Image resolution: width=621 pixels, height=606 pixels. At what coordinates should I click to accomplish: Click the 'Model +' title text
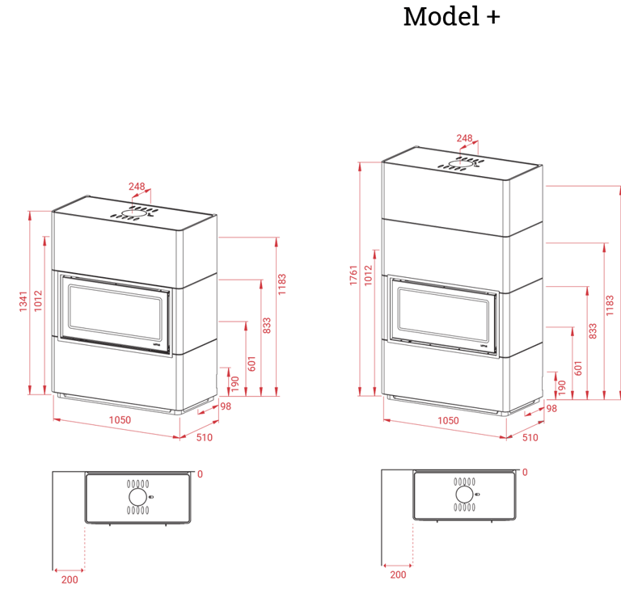[451, 16]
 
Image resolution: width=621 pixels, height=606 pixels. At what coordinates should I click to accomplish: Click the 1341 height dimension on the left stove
[25, 302]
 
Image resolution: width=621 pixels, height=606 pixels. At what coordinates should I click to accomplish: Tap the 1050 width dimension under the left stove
[120, 420]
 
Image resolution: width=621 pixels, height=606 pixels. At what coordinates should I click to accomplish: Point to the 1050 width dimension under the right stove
[447, 421]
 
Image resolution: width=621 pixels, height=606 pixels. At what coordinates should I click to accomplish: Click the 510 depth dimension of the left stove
[205, 437]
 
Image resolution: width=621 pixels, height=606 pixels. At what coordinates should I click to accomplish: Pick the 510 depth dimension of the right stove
[530, 437]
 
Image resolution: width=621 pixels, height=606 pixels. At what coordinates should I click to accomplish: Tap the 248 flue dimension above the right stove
[464, 139]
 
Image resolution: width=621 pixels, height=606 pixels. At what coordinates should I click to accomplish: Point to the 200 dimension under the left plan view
[69, 579]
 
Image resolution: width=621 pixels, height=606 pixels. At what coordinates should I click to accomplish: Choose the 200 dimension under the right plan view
[397, 575]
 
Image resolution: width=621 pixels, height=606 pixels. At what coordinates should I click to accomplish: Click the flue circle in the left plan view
[137, 496]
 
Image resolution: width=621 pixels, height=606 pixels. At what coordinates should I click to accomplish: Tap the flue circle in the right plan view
[464, 494]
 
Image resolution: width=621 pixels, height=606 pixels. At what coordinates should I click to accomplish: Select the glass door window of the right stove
[442, 315]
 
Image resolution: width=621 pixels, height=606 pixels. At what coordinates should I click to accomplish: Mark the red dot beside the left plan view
[201, 473]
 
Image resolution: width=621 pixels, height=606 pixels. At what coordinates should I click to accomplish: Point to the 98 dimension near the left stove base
[226, 406]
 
